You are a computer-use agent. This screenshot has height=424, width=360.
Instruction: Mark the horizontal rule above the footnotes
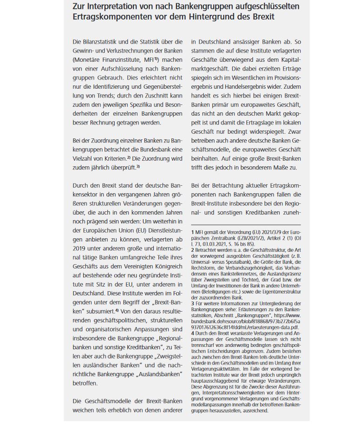(246, 225)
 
